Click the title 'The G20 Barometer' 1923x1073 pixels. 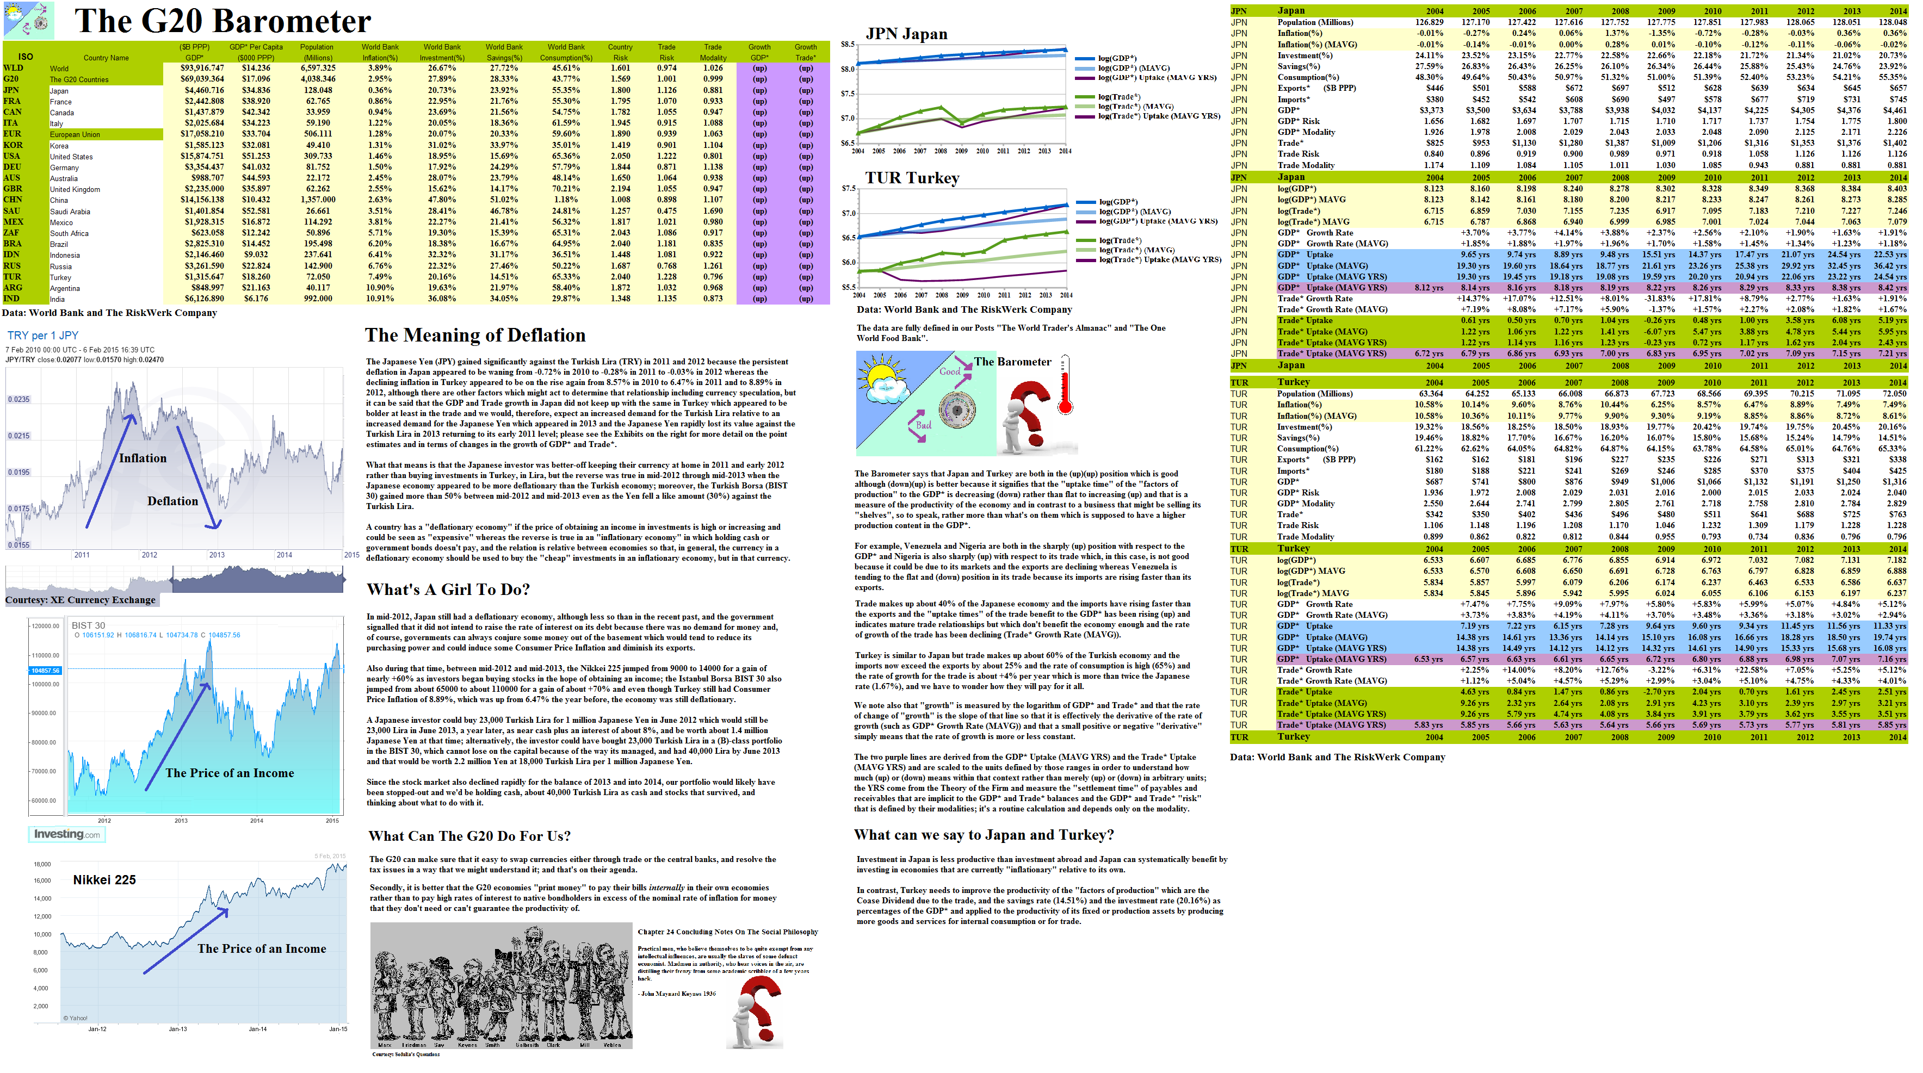point(222,21)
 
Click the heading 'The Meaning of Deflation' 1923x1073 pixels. point(475,335)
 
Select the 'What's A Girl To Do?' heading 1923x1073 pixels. point(448,590)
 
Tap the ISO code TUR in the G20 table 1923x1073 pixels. point(12,277)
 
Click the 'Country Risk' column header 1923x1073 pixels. point(620,52)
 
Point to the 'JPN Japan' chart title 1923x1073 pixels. point(906,34)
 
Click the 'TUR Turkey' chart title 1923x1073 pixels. point(912,178)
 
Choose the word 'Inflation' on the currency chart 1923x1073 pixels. point(143,458)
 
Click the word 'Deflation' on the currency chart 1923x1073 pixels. point(172,501)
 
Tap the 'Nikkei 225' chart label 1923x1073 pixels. point(104,880)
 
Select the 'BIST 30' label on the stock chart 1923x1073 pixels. point(88,625)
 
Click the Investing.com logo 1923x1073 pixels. point(66,834)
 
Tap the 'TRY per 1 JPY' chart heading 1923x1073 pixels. point(42,335)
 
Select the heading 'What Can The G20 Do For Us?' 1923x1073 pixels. point(469,836)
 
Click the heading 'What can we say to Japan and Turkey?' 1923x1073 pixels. point(984,834)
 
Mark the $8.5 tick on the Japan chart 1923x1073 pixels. point(848,44)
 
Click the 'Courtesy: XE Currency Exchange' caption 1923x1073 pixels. point(81,599)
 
